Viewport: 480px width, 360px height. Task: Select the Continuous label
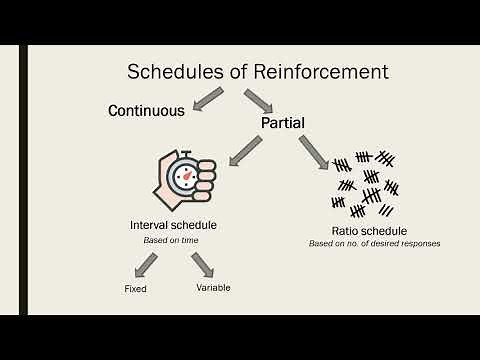click(147, 111)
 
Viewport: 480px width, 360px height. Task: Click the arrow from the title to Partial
click(259, 102)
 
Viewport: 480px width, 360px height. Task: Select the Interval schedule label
click(174, 225)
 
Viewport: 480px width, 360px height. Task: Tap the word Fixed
click(136, 289)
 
